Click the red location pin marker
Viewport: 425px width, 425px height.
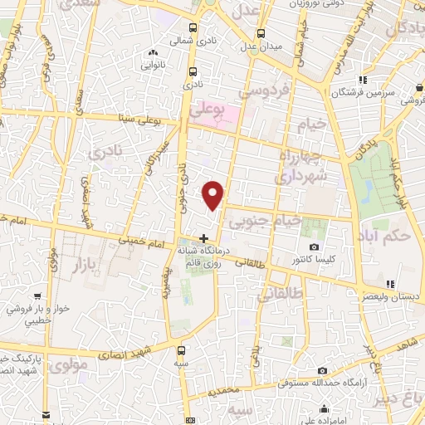coord(214,194)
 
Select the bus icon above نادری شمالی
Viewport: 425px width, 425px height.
coord(193,26)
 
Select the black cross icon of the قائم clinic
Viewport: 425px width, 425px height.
coord(204,239)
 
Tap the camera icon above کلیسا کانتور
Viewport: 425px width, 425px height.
coord(314,247)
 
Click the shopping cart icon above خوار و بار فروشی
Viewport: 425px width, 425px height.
coord(37,296)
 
